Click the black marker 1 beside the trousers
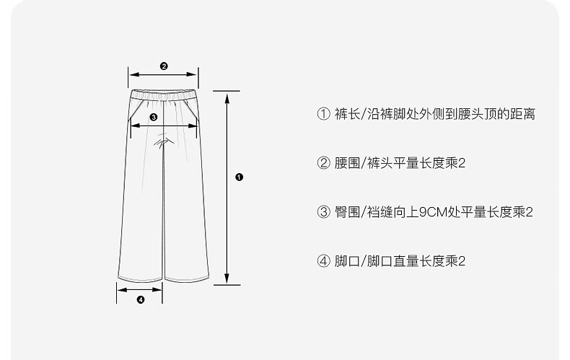[x=239, y=177]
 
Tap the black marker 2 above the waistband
[x=164, y=66]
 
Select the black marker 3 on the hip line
[x=153, y=117]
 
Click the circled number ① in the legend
[x=323, y=114]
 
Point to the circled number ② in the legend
[x=323, y=163]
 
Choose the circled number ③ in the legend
[x=323, y=212]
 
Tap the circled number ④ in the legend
[x=323, y=261]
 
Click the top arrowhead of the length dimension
[x=227, y=95]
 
